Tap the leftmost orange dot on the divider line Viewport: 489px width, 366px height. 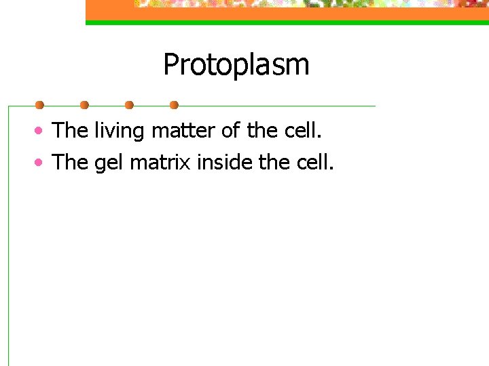pyautogui.click(x=39, y=105)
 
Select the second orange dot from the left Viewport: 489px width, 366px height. pyautogui.click(x=84, y=105)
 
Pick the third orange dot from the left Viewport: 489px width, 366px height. pyautogui.click(x=129, y=105)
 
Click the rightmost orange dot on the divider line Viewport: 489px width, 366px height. pyautogui.click(x=174, y=105)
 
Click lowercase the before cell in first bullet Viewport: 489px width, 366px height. pyautogui.click(x=263, y=130)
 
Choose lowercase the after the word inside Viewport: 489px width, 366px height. pyautogui.click(x=276, y=162)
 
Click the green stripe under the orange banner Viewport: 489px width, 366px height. pyautogui.click(x=285, y=22)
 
